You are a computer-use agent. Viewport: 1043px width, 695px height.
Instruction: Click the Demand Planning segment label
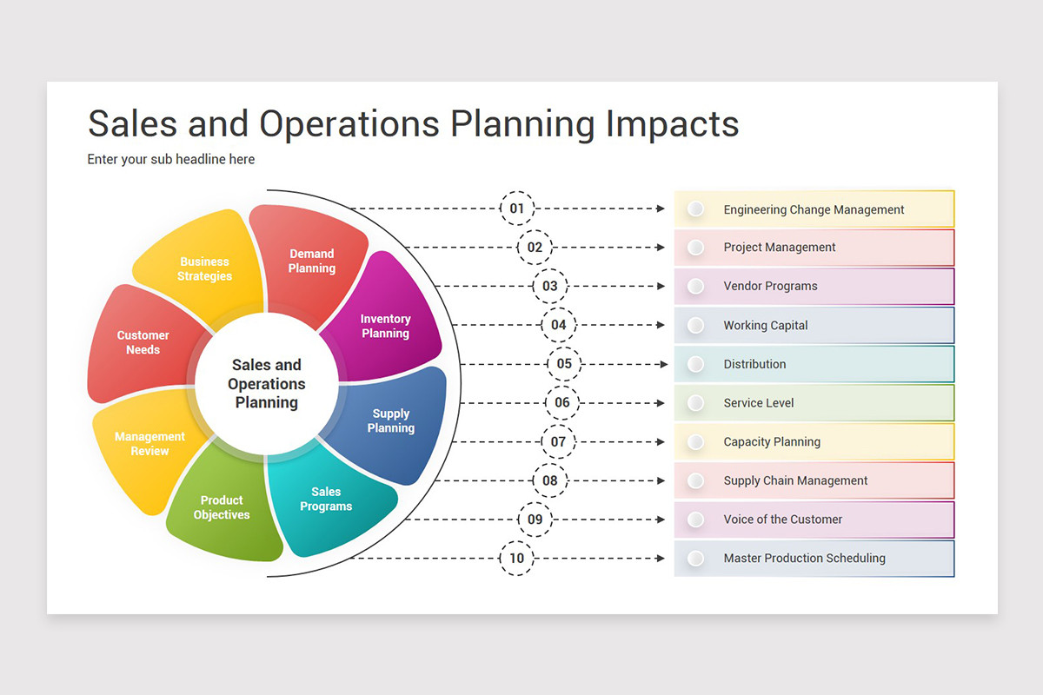pyautogui.click(x=311, y=261)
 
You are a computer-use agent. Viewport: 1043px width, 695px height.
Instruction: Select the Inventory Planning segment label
pyautogui.click(x=386, y=326)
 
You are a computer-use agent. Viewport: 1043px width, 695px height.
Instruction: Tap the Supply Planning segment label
pyautogui.click(x=390, y=420)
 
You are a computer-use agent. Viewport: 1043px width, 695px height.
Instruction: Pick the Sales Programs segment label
pyautogui.click(x=326, y=499)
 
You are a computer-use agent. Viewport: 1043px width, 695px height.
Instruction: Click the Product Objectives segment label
pyautogui.click(x=222, y=507)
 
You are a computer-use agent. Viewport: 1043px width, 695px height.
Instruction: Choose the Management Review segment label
pyautogui.click(x=149, y=443)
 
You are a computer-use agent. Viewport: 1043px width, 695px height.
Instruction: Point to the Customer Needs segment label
pyautogui.click(x=143, y=342)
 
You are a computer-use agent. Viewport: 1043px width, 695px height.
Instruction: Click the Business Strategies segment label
pyautogui.click(x=204, y=268)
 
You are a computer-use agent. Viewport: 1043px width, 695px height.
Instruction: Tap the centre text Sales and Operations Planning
pyautogui.click(x=266, y=383)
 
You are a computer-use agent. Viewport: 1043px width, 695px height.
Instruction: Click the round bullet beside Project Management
pyautogui.click(x=695, y=248)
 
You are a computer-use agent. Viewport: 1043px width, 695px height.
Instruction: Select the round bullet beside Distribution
pyautogui.click(x=695, y=364)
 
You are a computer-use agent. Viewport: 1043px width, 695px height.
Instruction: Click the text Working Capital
pyautogui.click(x=766, y=325)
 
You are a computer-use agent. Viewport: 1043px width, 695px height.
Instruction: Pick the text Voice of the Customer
pyautogui.click(x=783, y=519)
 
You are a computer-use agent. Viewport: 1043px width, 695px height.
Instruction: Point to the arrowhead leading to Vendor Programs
pyautogui.click(x=661, y=286)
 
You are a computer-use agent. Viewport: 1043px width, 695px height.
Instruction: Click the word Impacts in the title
pyautogui.click(x=673, y=124)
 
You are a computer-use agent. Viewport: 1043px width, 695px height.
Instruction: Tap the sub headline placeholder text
pyautogui.click(x=171, y=159)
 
